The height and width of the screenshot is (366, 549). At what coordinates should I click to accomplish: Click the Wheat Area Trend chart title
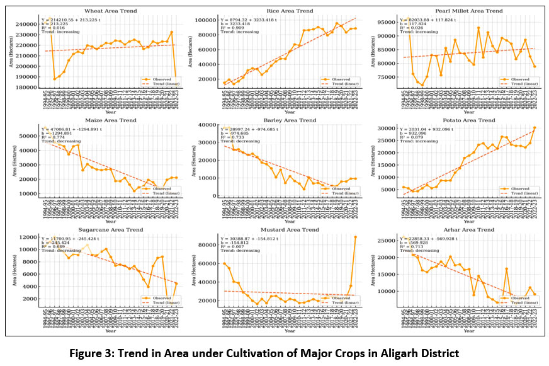(103, 11)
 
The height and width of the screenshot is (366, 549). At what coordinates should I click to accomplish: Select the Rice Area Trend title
(288, 11)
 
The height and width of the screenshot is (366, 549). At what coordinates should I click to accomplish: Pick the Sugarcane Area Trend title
(103, 231)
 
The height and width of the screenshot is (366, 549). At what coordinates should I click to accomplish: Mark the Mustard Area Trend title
(288, 231)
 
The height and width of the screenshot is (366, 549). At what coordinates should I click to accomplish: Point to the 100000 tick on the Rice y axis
(207, 20)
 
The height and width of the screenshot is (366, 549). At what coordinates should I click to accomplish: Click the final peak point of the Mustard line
(356, 237)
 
